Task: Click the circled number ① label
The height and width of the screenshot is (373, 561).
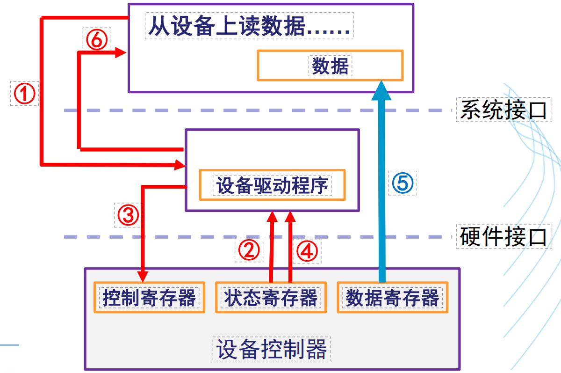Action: [x=24, y=94]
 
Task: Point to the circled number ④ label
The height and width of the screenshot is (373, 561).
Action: [x=306, y=251]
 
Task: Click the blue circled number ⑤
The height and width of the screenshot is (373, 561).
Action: [x=403, y=183]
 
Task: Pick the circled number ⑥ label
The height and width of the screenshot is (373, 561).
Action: [x=96, y=40]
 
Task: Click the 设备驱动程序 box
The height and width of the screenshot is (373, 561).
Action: [x=273, y=185]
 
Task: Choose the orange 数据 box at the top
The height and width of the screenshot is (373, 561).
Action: [x=330, y=66]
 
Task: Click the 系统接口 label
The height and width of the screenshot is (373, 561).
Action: [x=503, y=110]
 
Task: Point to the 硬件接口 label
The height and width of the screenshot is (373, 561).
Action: [x=503, y=236]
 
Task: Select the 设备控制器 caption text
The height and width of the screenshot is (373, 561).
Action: [x=272, y=349]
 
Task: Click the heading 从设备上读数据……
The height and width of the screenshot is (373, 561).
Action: [x=249, y=27]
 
